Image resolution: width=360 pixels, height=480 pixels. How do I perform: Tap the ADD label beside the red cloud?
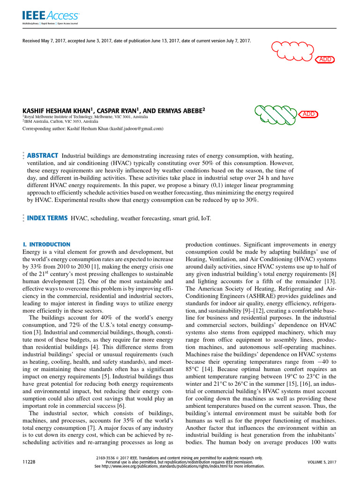(x=325, y=60)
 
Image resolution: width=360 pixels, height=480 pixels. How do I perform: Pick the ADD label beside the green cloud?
(x=309, y=114)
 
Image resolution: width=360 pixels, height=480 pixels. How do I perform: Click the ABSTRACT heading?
(x=43, y=156)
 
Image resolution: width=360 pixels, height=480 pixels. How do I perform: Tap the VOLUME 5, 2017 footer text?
(x=322, y=462)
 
